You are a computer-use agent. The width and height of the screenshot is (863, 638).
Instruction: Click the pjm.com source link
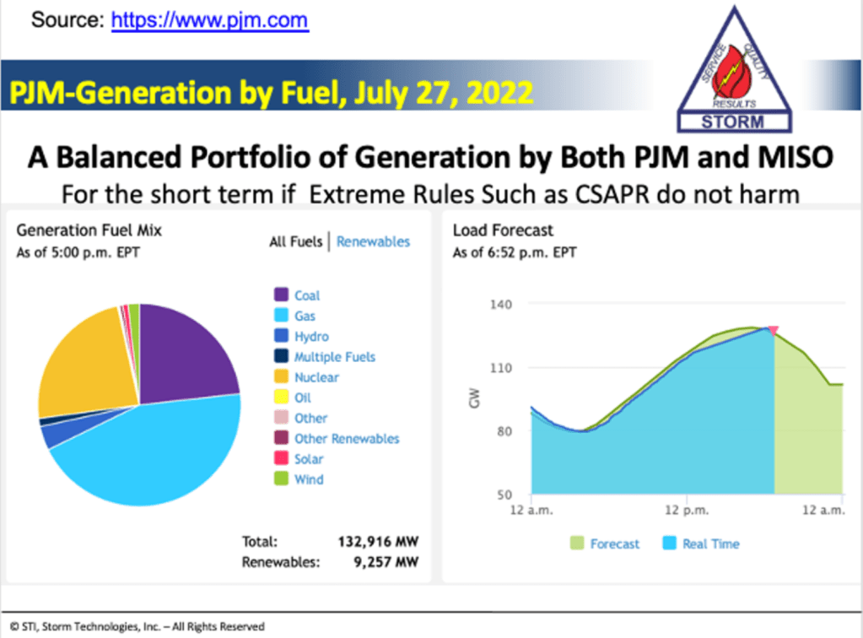tap(210, 19)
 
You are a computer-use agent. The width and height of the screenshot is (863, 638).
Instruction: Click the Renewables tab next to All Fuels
tap(373, 241)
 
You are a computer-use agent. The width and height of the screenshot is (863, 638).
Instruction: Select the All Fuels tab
tap(295, 241)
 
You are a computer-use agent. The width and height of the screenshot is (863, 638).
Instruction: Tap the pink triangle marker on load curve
tap(774, 331)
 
